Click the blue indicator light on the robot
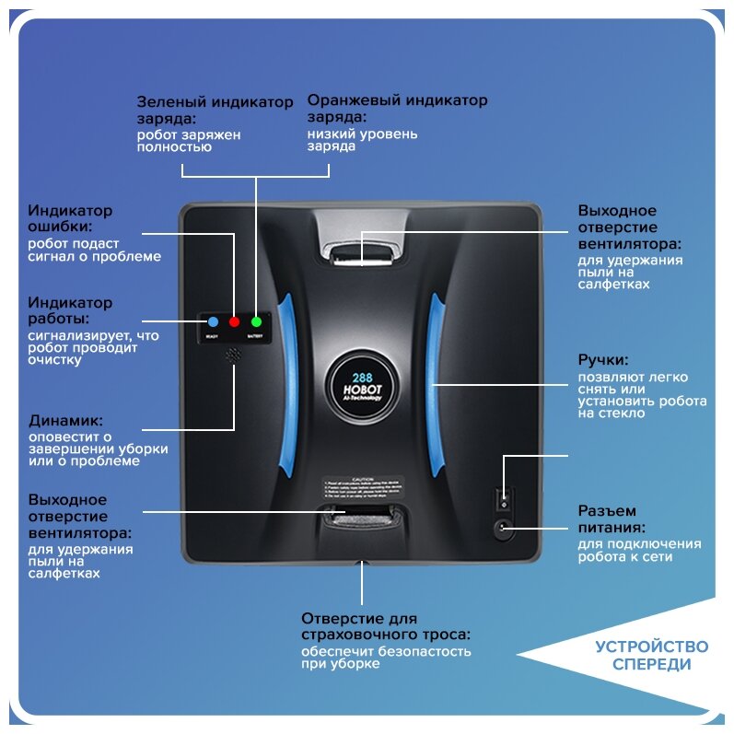tap(213, 321)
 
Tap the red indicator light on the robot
tap(234, 321)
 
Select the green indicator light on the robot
tap(256, 321)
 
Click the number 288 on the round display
tap(362, 377)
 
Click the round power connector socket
tap(502, 529)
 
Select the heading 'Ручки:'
tap(603, 360)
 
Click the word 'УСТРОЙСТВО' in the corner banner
tap(651, 646)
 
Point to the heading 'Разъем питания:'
tap(610, 519)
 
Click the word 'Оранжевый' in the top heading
tap(354, 100)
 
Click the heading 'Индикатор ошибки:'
tap(70, 218)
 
